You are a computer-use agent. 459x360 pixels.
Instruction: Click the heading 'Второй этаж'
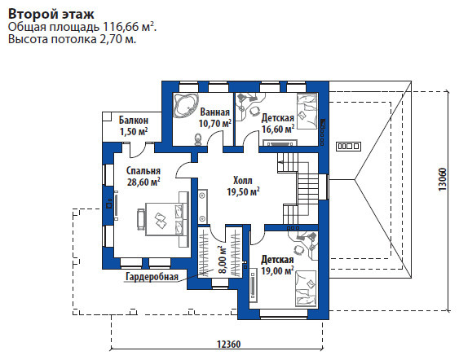pos(51,14)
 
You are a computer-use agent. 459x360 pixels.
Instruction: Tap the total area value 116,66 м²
pos(129,27)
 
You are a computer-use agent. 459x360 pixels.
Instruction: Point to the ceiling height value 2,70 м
pos(118,39)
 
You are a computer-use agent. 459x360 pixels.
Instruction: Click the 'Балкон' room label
pos(134,121)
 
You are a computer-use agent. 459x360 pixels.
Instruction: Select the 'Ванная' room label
pos(215,112)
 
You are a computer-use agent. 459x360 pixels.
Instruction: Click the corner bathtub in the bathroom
pos(185,105)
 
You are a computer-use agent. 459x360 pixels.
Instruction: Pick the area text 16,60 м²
pos(278,129)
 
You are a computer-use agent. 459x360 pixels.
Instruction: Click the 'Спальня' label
pos(143,171)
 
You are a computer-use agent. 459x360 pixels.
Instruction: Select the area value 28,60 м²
pos(143,182)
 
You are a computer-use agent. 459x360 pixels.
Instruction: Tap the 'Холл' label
pos(243,181)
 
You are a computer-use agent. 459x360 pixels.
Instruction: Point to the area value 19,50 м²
pos(243,192)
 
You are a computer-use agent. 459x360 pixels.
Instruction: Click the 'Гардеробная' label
pos(152,276)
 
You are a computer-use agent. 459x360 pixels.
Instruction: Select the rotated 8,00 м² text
pos(223,259)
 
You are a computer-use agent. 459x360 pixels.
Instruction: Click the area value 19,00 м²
pos(277,270)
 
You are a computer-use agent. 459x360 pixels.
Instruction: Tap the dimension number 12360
pos(228,345)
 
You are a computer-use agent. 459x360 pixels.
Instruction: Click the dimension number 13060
pos(443,179)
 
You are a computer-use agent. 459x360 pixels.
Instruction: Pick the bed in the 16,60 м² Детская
pos(307,112)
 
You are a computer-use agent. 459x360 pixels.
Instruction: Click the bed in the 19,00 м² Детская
pos(306,288)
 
